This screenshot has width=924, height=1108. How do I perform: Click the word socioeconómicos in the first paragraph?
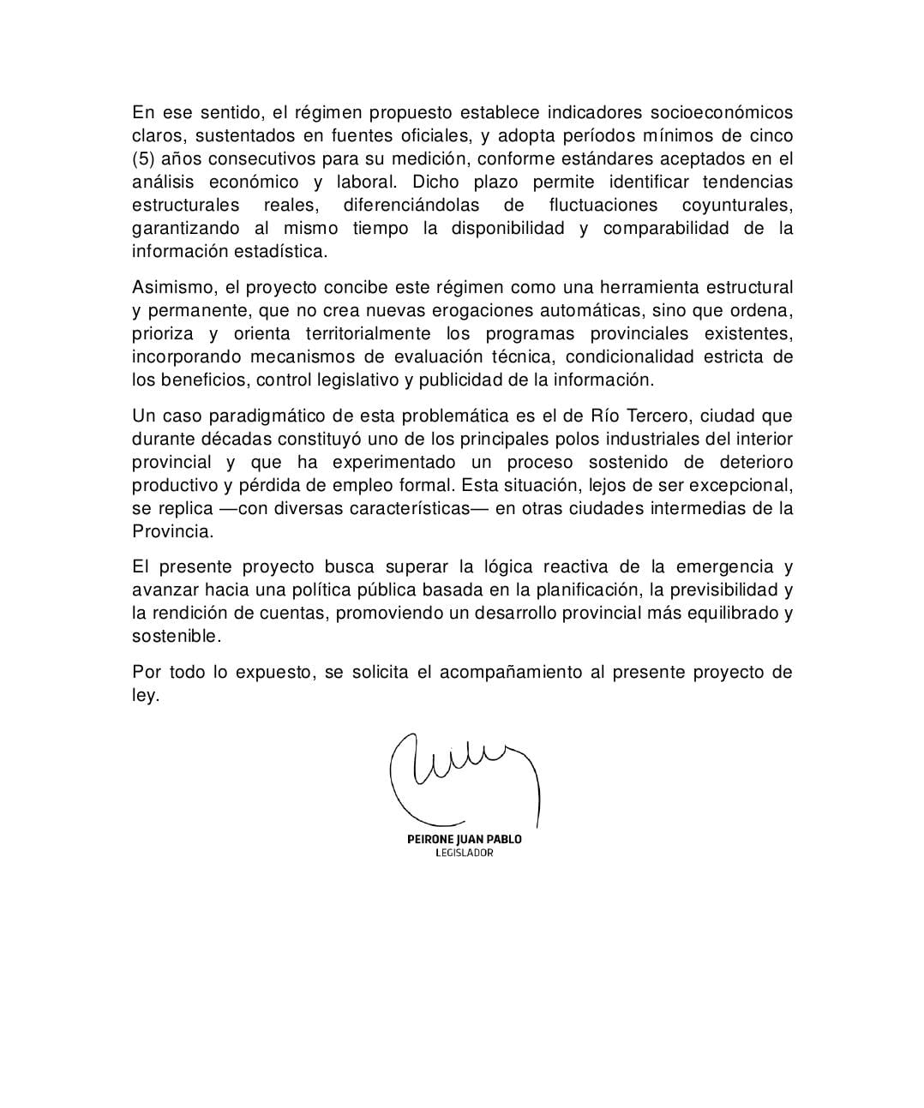722,113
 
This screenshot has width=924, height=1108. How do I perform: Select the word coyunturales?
737,206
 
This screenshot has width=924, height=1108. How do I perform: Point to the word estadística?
283,252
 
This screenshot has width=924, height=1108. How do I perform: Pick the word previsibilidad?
722,590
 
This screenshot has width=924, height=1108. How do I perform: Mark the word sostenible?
176,637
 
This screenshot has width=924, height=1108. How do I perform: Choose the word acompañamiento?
511,673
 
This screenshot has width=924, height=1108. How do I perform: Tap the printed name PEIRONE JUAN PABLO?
464,839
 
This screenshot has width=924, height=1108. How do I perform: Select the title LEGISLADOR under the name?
464,853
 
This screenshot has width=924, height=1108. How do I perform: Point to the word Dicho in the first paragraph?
435,183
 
